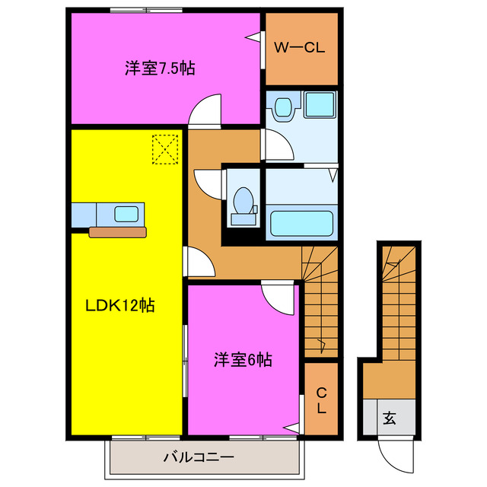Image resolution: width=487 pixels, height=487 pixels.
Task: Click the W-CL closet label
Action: click(300, 48)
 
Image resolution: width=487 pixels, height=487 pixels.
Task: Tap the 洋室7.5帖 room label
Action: click(160, 68)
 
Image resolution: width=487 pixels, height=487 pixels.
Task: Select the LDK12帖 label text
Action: click(119, 305)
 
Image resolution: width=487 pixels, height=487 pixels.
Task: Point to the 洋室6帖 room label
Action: click(243, 359)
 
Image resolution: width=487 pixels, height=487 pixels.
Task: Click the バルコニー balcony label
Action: click(199, 457)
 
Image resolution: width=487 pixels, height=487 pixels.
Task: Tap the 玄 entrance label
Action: click(389, 418)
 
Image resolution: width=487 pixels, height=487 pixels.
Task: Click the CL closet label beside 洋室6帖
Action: click(321, 400)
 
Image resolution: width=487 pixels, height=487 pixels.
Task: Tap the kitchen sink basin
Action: click(126, 214)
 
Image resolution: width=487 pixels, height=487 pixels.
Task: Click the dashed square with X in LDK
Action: click(164, 148)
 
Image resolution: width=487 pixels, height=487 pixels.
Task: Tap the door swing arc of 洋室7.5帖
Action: click(204, 113)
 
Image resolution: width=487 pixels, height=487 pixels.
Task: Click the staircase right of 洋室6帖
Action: click(320, 304)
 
